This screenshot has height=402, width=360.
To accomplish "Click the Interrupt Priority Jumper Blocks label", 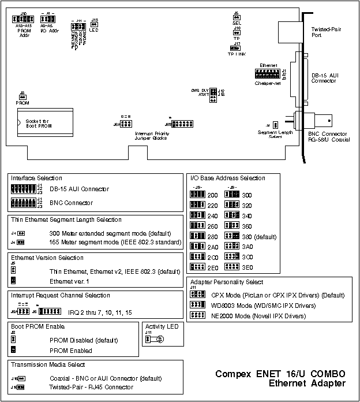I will pos(145,136).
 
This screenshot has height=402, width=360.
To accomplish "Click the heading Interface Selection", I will pos(36,178).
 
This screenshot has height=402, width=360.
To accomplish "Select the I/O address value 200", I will pos(212,195).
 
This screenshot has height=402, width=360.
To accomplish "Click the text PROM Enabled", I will pos(70,351).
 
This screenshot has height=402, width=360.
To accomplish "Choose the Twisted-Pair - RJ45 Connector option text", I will pos(91,387).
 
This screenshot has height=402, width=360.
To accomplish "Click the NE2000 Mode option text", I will pos(258,316).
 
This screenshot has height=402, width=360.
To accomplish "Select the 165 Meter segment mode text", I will pos(115,241).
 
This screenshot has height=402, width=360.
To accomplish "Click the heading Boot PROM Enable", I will pos(34,326).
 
